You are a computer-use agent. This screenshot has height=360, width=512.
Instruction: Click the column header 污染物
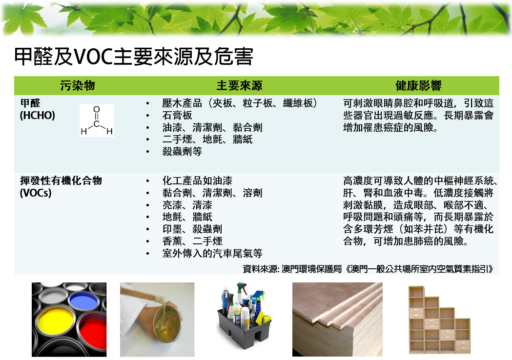point(78,85)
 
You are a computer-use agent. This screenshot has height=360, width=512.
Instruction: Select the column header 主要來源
point(239,85)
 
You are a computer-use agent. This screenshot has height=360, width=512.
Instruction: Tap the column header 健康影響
point(418,85)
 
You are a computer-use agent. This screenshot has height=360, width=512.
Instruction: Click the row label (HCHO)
point(38,116)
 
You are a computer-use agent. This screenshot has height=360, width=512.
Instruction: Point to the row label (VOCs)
point(36,193)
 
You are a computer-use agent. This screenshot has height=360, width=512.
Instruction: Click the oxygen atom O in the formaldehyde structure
point(97,109)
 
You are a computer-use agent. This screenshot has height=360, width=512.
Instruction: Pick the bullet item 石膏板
point(177,115)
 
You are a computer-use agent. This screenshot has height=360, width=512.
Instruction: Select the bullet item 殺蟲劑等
point(182,151)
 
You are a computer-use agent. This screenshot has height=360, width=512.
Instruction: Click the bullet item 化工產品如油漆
point(197,181)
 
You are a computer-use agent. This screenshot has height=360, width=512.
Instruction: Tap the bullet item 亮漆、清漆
point(187,205)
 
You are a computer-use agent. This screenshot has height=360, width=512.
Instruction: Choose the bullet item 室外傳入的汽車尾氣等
point(212,253)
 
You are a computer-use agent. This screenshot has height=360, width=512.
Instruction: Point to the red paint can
point(94,330)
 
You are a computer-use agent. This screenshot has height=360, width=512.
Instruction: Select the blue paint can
point(83,300)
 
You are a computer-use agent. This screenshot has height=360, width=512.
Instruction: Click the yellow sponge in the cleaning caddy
point(263,318)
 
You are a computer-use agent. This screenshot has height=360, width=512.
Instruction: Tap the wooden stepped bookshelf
point(439,320)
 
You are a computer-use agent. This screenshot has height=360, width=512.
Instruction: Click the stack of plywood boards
point(337,320)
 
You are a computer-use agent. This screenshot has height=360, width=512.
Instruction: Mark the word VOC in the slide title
point(93,57)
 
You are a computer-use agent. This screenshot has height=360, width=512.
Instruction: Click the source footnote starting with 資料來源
point(368,269)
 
